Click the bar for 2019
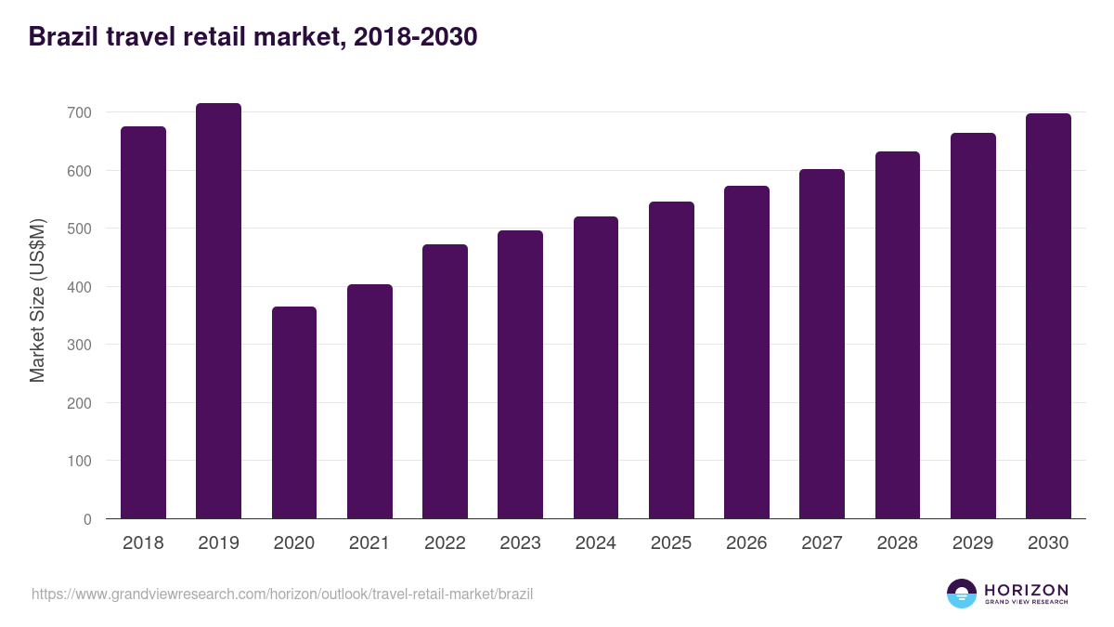218,311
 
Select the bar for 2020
294,412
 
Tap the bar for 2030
1048,316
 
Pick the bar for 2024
596,368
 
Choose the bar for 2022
445,382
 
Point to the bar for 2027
822,344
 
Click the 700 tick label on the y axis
80,112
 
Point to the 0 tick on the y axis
87,519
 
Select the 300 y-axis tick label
80,345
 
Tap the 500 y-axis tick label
80,229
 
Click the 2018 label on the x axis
143,543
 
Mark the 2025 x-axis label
671,543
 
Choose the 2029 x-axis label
973,543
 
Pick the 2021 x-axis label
369,543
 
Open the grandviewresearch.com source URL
282,594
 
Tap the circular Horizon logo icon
962,594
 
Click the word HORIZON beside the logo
1026,590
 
